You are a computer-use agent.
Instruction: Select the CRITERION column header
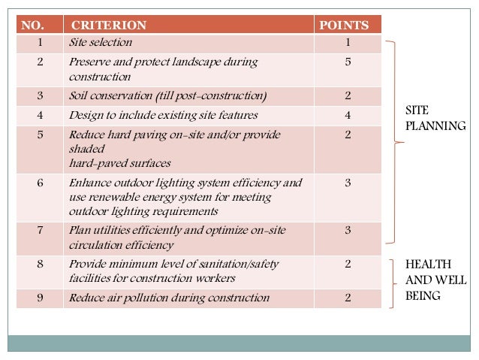click(x=113, y=26)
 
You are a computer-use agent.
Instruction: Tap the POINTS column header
click(x=344, y=26)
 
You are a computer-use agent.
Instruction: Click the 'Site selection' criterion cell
click(x=100, y=43)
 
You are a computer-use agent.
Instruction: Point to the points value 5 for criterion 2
click(x=348, y=62)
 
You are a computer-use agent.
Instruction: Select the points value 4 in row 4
click(x=348, y=116)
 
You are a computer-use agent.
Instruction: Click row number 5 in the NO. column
click(x=40, y=135)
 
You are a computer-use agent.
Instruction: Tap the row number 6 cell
click(x=40, y=183)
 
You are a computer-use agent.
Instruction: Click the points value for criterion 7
click(x=348, y=230)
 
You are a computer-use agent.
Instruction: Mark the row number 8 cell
click(x=40, y=264)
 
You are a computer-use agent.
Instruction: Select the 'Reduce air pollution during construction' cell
click(x=168, y=298)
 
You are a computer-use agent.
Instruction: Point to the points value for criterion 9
click(x=348, y=298)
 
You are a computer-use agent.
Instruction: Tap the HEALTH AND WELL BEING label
click(x=435, y=280)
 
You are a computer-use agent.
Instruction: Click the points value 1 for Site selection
click(x=348, y=43)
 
